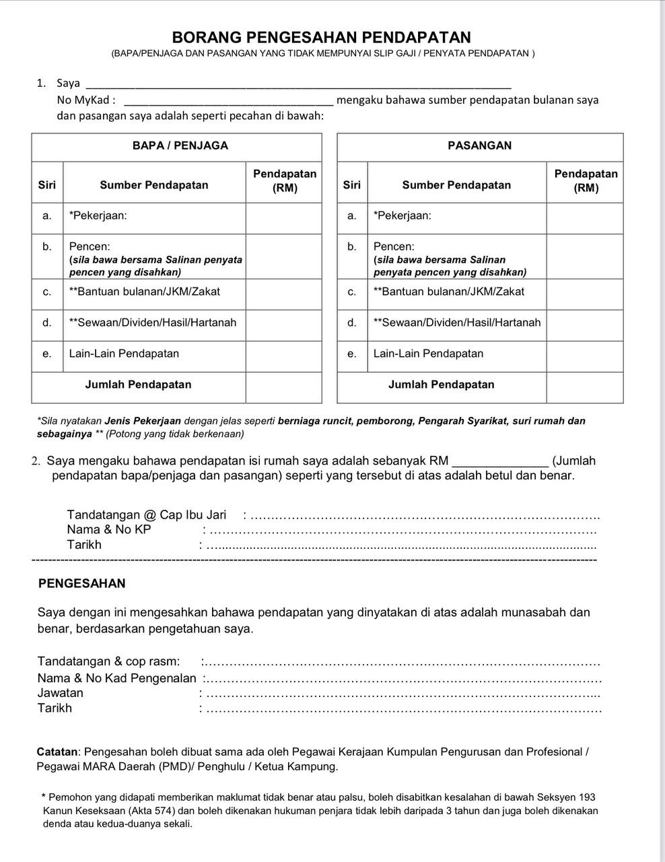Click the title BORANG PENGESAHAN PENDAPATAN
click(321, 37)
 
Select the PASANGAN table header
click(479, 145)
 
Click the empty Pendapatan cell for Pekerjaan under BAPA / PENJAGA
click(284, 216)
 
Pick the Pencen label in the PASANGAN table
click(394, 246)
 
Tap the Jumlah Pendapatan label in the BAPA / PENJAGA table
click(138, 385)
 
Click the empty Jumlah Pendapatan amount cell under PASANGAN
click(584, 385)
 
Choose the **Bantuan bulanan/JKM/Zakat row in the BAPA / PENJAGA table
click(145, 292)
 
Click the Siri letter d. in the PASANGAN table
click(351, 323)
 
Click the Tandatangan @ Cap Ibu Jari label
click(147, 515)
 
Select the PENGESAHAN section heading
click(82, 584)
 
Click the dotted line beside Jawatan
click(401, 694)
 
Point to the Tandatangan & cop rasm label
click(109, 661)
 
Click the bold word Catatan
click(58, 752)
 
